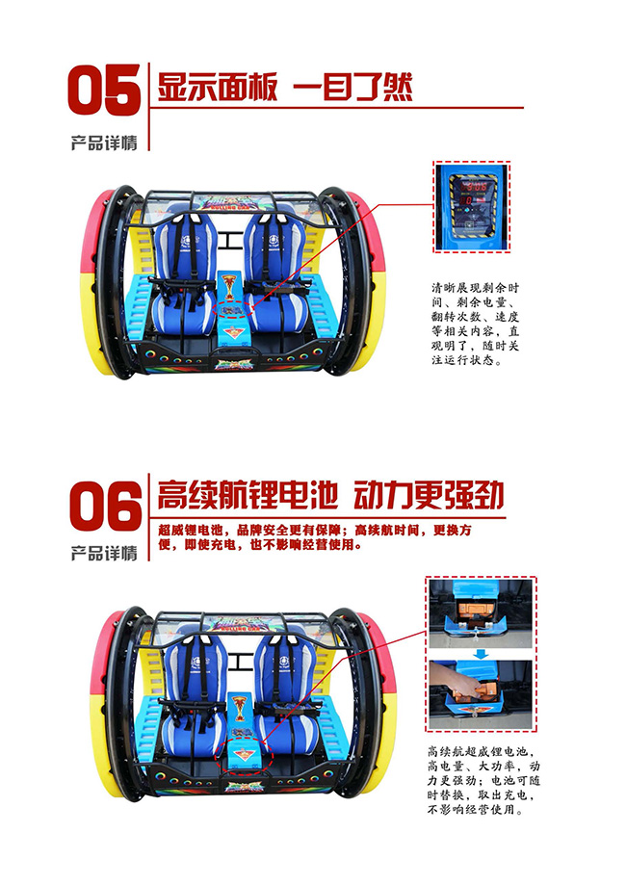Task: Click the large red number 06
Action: point(103,505)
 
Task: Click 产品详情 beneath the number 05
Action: point(104,143)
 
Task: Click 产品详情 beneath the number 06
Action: point(104,553)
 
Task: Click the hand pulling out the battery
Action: point(459,685)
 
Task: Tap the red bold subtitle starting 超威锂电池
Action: point(318,537)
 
